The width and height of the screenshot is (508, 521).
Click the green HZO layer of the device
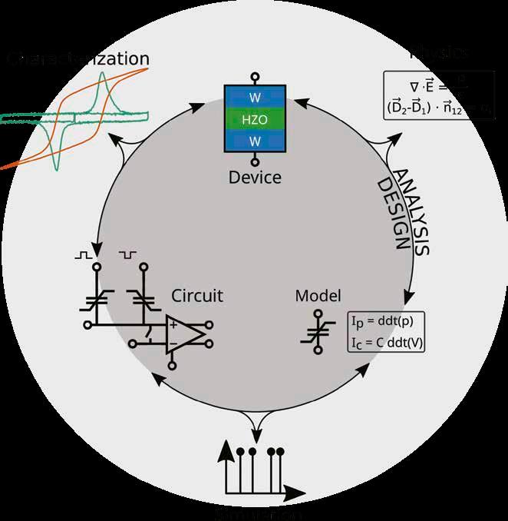(x=254, y=119)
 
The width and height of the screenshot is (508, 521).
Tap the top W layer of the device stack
(x=254, y=97)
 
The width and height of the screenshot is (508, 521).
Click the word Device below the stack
(x=255, y=178)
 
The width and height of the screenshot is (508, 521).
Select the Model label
(x=318, y=296)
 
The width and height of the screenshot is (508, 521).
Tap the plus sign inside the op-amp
(x=173, y=326)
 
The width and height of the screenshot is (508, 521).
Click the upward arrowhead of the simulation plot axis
(x=226, y=453)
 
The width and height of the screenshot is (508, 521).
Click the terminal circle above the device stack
(x=254, y=76)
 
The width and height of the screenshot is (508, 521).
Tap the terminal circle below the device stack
(x=254, y=161)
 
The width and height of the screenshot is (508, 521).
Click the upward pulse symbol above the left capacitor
(x=83, y=254)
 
